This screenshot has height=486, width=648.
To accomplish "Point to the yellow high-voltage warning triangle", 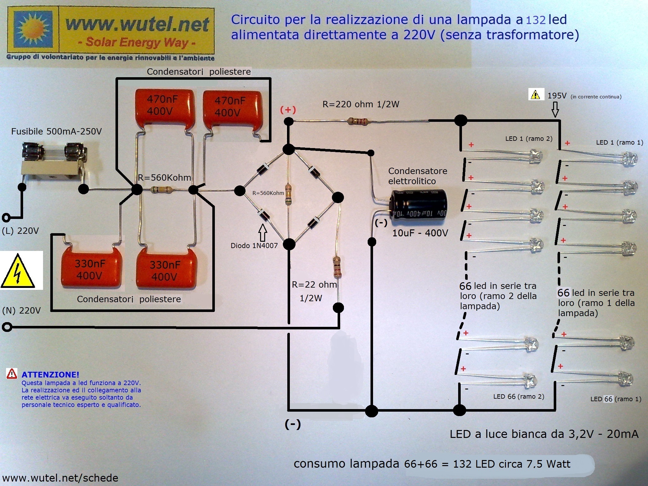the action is pyautogui.click(x=18, y=271).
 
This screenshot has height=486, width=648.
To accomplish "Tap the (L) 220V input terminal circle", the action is pyautogui.click(x=6, y=218).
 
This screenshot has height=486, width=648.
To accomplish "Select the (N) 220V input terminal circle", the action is pyautogui.click(x=7, y=327).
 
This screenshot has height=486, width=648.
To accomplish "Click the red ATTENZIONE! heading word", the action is pyautogui.click(x=50, y=375).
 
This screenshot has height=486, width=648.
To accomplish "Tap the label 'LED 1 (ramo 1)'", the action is pyautogui.click(x=620, y=142).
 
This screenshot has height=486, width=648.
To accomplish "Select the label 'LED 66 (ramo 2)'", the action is pyautogui.click(x=519, y=396).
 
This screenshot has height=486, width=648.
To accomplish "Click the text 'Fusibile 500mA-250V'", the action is pyautogui.click(x=56, y=132).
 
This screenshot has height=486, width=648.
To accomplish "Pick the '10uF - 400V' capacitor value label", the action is pyautogui.click(x=420, y=233).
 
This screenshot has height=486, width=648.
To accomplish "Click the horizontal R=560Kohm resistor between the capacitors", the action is pyautogui.click(x=161, y=190).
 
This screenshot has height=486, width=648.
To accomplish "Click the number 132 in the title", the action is pyautogui.click(x=536, y=20).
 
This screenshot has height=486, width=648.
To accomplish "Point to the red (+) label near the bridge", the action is pyautogui.click(x=288, y=110).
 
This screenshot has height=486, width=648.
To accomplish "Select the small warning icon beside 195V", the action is pyautogui.click(x=535, y=94).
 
